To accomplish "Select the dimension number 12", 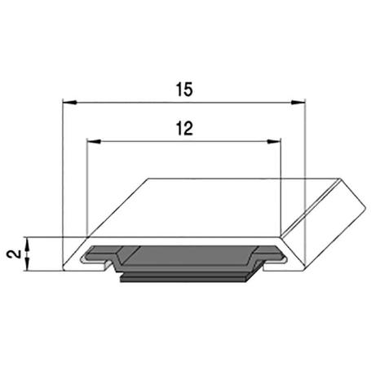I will click(184, 128).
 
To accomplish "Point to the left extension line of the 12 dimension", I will click(87, 188).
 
